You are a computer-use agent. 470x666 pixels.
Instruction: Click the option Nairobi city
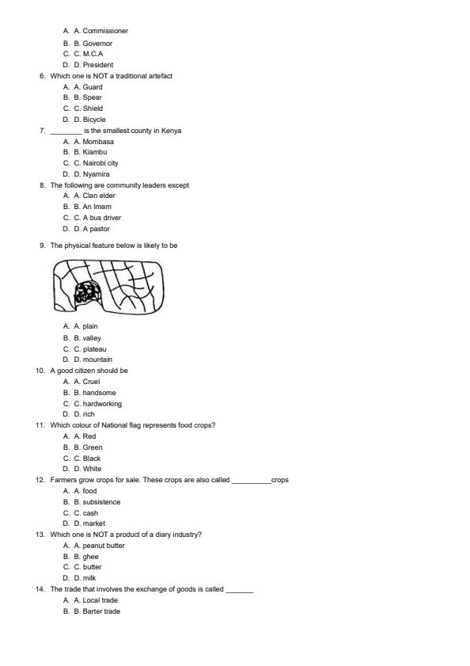pos(100,163)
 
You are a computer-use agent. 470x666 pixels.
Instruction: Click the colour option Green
pos(93,447)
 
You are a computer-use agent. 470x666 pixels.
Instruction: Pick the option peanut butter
pos(104,546)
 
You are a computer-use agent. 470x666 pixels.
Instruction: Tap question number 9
pos(42,245)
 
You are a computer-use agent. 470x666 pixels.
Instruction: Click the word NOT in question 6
pos(93,76)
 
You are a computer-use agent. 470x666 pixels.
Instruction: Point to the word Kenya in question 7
pos(171,131)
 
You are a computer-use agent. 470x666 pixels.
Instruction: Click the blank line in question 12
pos(251,481)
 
